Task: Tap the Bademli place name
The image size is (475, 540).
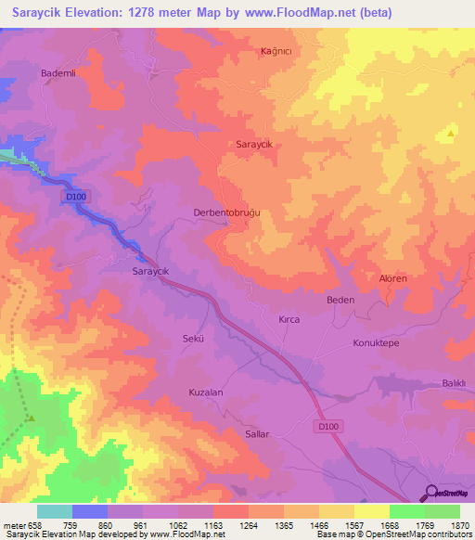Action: [58, 71]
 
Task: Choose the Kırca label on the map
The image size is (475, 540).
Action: [289, 319]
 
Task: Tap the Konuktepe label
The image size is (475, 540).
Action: [375, 342]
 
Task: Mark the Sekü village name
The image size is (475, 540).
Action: [192, 339]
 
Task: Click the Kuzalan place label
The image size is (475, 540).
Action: [206, 392]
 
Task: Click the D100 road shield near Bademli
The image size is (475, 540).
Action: [76, 197]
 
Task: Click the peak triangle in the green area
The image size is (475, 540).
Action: [31, 418]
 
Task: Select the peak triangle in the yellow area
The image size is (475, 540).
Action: [451, 134]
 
